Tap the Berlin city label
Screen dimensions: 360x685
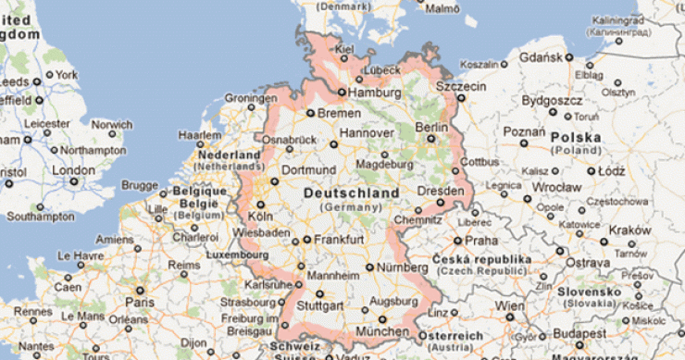click(431, 127)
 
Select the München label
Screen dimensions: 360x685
click(381, 331)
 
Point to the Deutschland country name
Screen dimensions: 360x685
click(351, 193)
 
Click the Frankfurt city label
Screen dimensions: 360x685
click(337, 239)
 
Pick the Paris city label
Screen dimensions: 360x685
click(140, 302)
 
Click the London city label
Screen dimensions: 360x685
click(73, 170)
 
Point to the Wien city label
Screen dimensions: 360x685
click(509, 305)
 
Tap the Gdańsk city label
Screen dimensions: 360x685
click(541, 57)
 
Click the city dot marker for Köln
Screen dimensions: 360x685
click(260, 205)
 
